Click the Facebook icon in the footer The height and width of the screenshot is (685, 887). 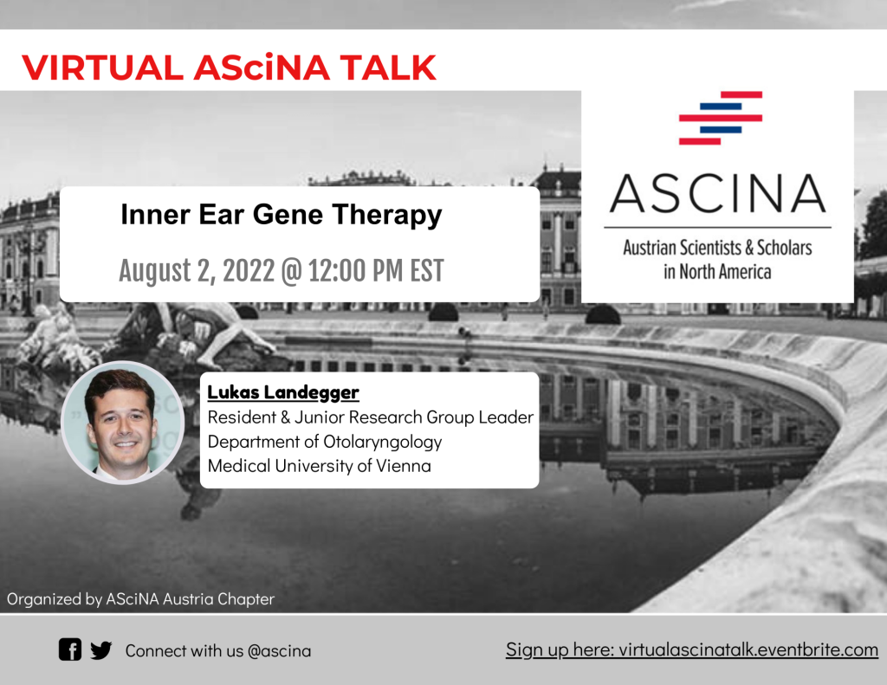coord(70,649)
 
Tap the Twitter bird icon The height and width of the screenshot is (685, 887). coord(100,650)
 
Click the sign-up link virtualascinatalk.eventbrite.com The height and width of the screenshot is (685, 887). coord(748,649)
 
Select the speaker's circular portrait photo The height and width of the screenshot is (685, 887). coord(123,422)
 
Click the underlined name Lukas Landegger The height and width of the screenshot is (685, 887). coord(283,392)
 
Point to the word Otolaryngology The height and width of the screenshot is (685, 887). coord(382,442)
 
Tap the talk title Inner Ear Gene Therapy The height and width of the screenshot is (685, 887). coord(282,215)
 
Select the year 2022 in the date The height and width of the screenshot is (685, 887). coord(249,270)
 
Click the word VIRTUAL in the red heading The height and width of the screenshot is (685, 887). coord(102,68)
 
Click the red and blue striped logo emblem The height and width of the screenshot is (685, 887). coord(721,118)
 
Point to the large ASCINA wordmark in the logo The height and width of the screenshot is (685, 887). coord(718,193)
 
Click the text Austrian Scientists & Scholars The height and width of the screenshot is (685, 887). coord(717,247)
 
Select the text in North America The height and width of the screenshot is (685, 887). coord(717,272)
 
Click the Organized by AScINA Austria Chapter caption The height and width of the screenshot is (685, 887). coord(140,599)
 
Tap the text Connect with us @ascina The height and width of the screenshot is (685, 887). coord(217,650)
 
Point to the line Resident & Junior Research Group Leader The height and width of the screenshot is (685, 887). coord(370,417)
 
